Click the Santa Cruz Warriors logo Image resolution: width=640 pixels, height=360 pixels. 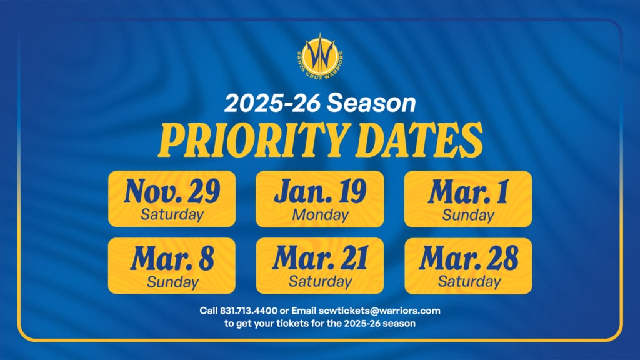[x=320, y=57]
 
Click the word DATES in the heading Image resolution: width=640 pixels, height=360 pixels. [x=420, y=141]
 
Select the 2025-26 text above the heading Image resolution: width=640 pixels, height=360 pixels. [x=272, y=103]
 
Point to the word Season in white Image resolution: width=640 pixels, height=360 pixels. [x=371, y=103]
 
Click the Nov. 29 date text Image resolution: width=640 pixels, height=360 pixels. [x=172, y=191]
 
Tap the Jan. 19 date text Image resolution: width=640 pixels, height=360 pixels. [x=320, y=191]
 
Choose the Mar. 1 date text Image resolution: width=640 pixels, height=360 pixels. [x=468, y=191]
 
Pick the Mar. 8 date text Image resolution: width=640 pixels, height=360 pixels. [x=172, y=258]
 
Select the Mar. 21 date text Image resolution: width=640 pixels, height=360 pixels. [x=320, y=258]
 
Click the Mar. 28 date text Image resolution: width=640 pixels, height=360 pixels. [x=469, y=258]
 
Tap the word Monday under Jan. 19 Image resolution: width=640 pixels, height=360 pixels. [x=321, y=215]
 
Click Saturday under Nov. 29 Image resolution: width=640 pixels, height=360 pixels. [x=172, y=215]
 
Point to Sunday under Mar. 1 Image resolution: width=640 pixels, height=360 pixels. [x=468, y=215]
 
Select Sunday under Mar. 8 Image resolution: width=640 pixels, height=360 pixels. [x=172, y=282]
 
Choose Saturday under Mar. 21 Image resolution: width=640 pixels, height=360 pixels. [x=321, y=282]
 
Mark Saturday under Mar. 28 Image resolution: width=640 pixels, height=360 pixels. [x=469, y=282]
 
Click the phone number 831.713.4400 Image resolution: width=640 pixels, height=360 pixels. [x=249, y=311]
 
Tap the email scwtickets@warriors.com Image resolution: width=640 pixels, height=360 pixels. [x=379, y=311]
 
